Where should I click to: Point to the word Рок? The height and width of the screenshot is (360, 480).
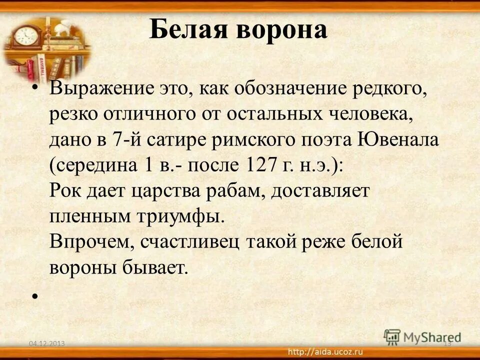coord(65,191)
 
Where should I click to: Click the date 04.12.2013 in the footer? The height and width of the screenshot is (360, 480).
coord(47,342)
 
